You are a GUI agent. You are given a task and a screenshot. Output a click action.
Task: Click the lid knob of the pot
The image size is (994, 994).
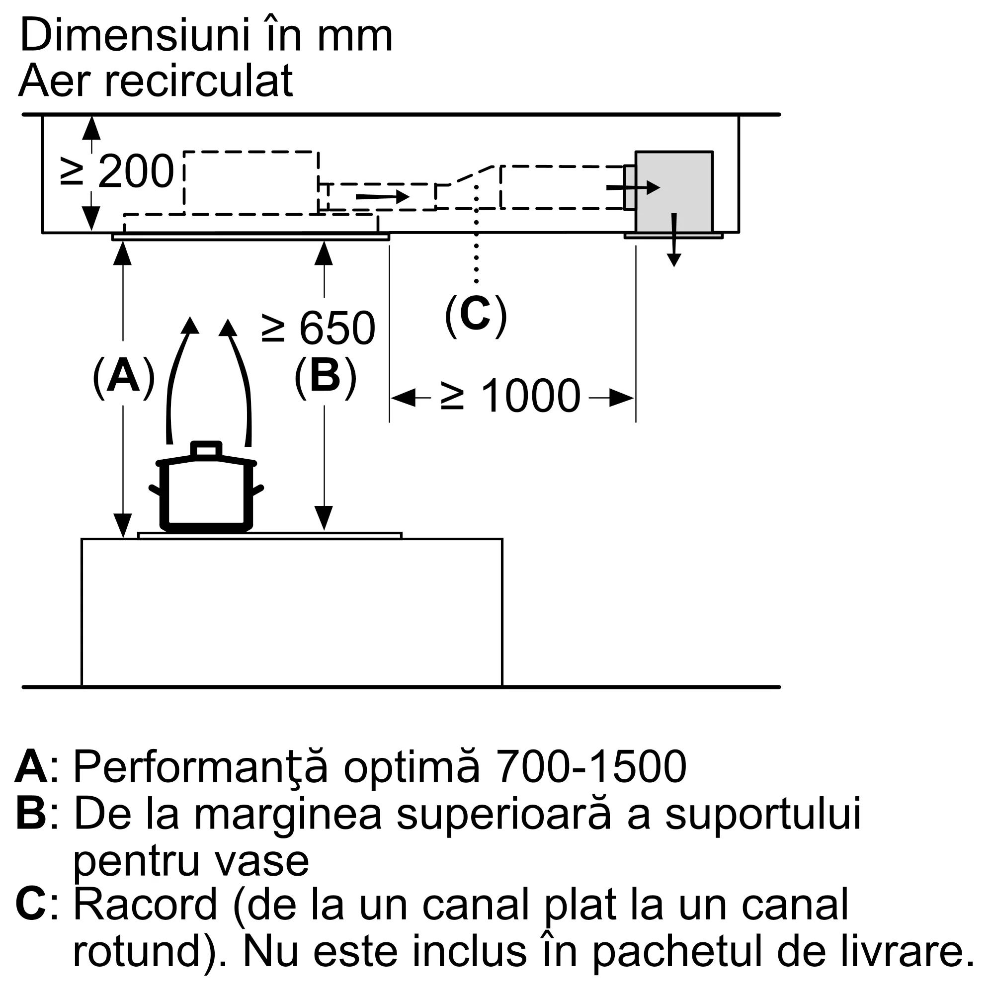[206, 449]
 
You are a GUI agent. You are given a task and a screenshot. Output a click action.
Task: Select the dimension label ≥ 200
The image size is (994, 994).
[117, 172]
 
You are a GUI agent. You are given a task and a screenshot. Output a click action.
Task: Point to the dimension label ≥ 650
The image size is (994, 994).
[319, 328]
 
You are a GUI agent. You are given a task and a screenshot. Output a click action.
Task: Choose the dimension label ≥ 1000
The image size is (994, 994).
[511, 396]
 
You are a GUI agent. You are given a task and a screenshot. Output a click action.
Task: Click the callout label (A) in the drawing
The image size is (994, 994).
[123, 377]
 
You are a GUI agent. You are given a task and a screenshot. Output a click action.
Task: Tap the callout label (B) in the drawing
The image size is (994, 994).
[325, 377]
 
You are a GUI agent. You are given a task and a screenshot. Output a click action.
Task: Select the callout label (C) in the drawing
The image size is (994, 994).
[476, 316]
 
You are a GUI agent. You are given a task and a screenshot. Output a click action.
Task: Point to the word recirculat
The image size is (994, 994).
[199, 81]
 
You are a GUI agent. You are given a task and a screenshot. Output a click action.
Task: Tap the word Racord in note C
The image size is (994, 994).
[146, 904]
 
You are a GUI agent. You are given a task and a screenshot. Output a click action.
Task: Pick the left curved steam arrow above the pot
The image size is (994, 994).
[177, 378]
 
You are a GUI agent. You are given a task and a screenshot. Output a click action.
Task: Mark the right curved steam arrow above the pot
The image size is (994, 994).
[241, 378]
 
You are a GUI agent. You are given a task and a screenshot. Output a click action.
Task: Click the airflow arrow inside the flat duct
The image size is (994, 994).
[382, 196]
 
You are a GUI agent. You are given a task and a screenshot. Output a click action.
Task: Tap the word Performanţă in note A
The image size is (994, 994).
[201, 767]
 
